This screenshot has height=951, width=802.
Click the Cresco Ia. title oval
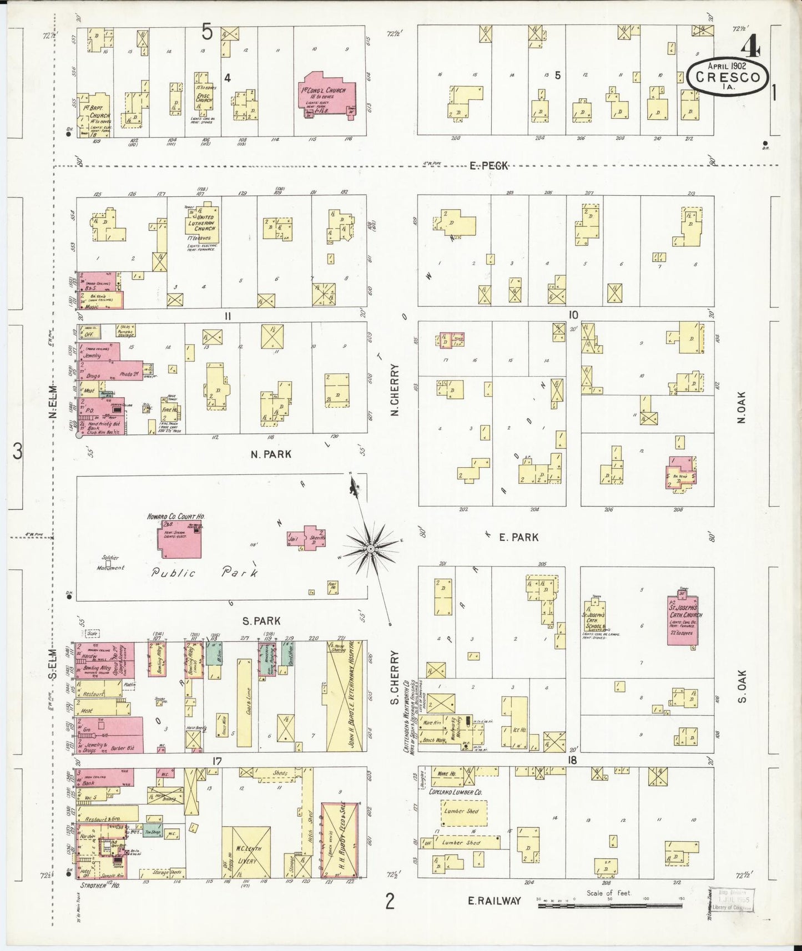[727, 77]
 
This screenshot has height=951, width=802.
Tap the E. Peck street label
[488, 165]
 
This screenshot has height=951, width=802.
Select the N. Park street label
[271, 454]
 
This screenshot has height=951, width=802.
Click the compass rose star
[370, 549]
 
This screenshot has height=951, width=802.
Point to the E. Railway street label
[495, 901]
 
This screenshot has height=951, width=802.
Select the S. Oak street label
[742, 685]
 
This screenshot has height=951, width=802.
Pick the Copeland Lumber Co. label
[458, 792]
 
